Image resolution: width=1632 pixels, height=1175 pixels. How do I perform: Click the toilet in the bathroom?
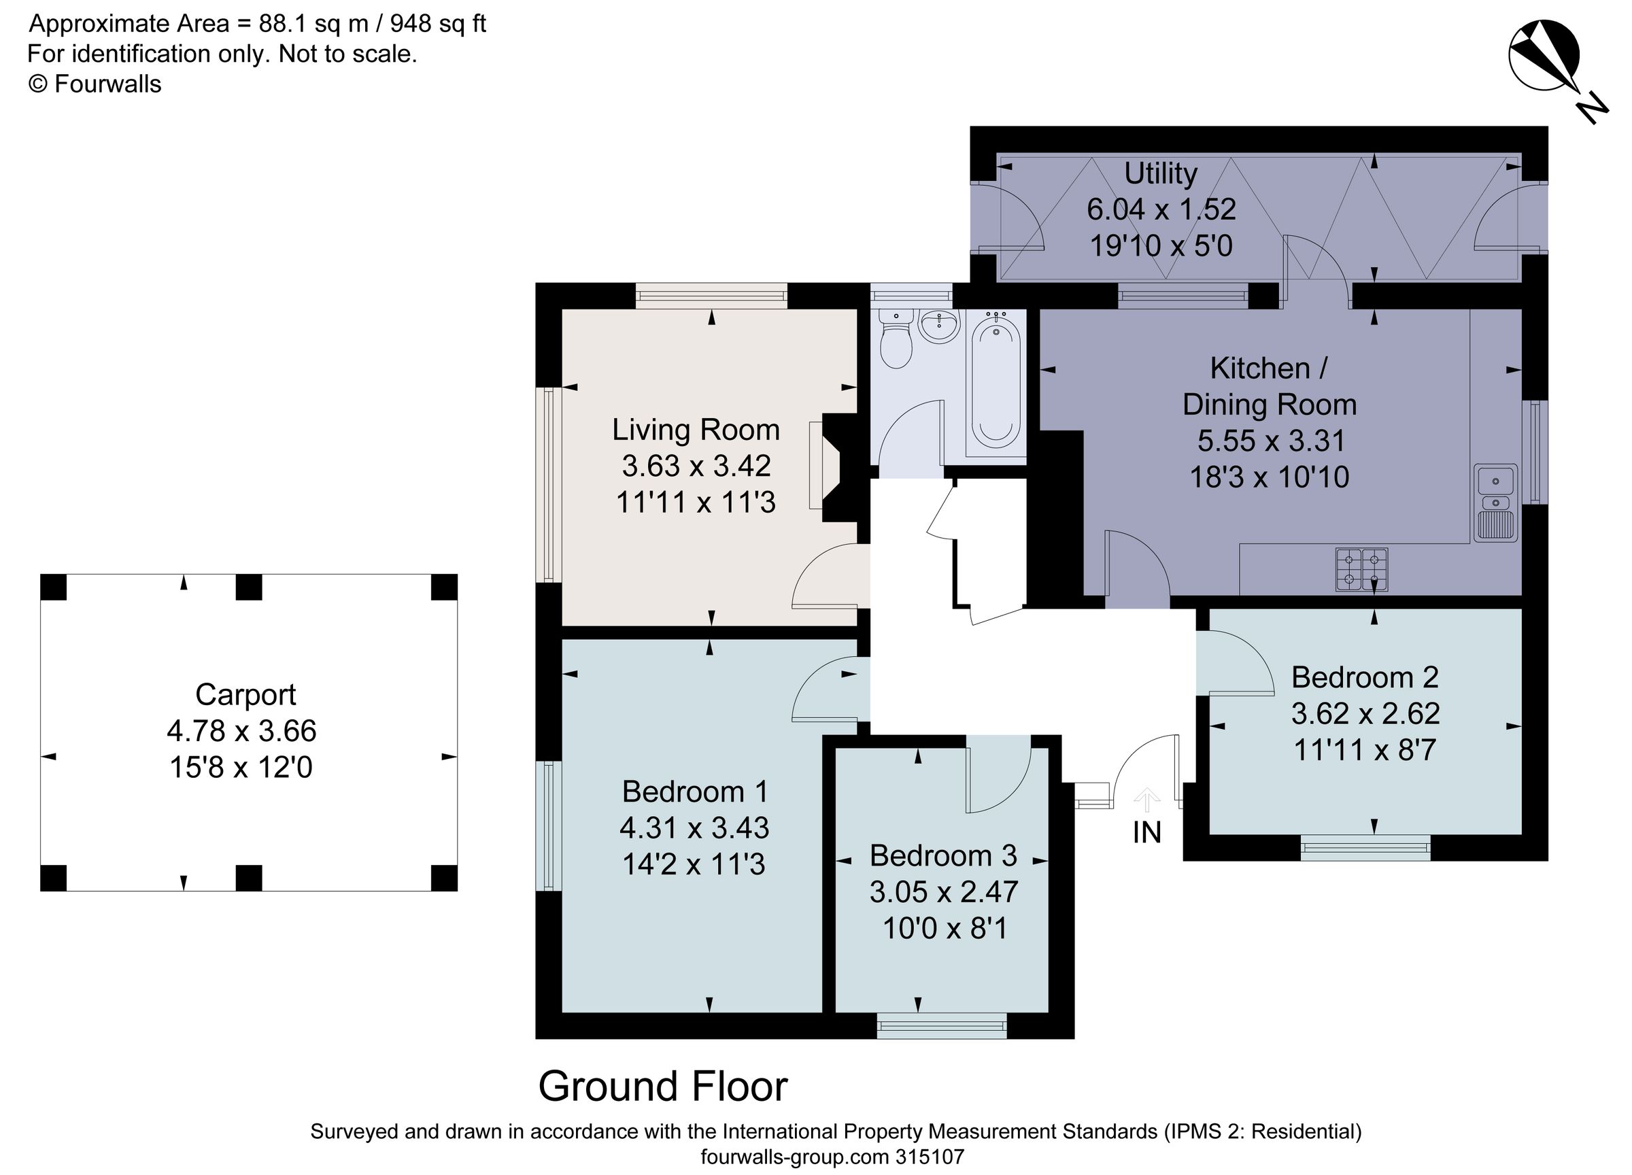tap(896, 342)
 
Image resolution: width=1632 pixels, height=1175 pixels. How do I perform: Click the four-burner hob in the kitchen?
tap(1361, 569)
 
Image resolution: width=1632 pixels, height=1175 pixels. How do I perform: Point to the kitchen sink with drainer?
tap(1495, 503)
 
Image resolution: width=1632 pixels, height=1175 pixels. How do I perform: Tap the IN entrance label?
tap(1147, 832)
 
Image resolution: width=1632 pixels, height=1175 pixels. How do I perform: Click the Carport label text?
tap(245, 694)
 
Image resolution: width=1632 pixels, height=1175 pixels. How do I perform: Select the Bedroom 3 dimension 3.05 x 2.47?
tap(943, 891)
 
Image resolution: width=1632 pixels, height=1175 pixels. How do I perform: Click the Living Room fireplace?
tap(836, 467)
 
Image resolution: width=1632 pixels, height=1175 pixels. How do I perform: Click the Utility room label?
tap(1161, 173)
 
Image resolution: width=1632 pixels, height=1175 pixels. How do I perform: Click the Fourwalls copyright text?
tap(95, 84)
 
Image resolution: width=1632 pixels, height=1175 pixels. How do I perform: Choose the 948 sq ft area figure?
tap(437, 24)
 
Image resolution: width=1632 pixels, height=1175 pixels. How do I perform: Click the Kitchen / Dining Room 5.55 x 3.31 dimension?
tap(1271, 441)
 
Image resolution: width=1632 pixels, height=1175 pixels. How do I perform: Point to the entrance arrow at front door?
tap(1146, 800)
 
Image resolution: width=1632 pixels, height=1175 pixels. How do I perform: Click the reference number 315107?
tap(929, 1157)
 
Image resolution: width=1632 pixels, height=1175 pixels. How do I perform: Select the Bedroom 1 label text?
tap(695, 791)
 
